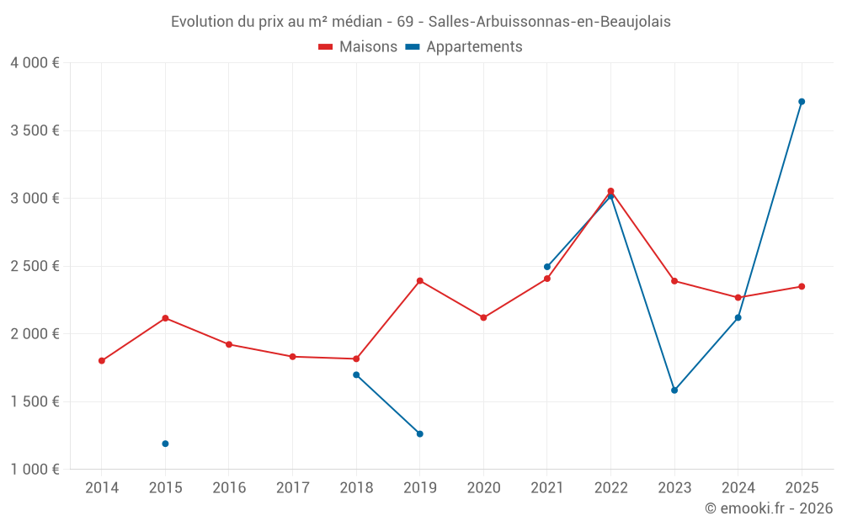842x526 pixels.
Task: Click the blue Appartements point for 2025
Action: click(x=802, y=102)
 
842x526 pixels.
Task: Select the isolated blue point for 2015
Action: click(x=165, y=444)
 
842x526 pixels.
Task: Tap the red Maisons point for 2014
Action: click(x=102, y=361)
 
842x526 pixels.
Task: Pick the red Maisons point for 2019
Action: click(x=420, y=281)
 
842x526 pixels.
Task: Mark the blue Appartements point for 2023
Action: click(x=674, y=391)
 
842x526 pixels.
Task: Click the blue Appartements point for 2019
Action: click(x=420, y=434)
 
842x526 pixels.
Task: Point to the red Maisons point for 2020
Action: click(x=483, y=318)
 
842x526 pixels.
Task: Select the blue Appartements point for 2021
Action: click(x=547, y=267)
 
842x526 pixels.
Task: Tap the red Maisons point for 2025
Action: click(x=802, y=287)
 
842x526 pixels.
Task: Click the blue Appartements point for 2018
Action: click(x=356, y=375)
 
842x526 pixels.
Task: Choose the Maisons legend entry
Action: click(x=358, y=47)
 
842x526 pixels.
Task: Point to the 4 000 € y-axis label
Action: click(x=35, y=63)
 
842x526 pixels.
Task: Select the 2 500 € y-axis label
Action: click(x=35, y=266)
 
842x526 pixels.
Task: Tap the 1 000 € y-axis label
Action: click(x=35, y=470)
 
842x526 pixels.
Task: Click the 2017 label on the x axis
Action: click(x=292, y=488)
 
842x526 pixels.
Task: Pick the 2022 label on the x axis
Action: click(x=610, y=488)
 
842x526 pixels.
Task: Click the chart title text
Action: click(x=421, y=22)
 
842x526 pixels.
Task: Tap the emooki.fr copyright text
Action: click(x=768, y=508)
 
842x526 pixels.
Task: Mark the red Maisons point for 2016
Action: click(x=229, y=344)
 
